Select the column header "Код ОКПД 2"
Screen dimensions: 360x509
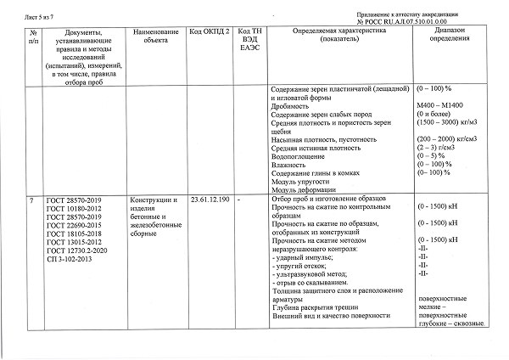point(207,31)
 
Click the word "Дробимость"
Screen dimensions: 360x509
point(289,108)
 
